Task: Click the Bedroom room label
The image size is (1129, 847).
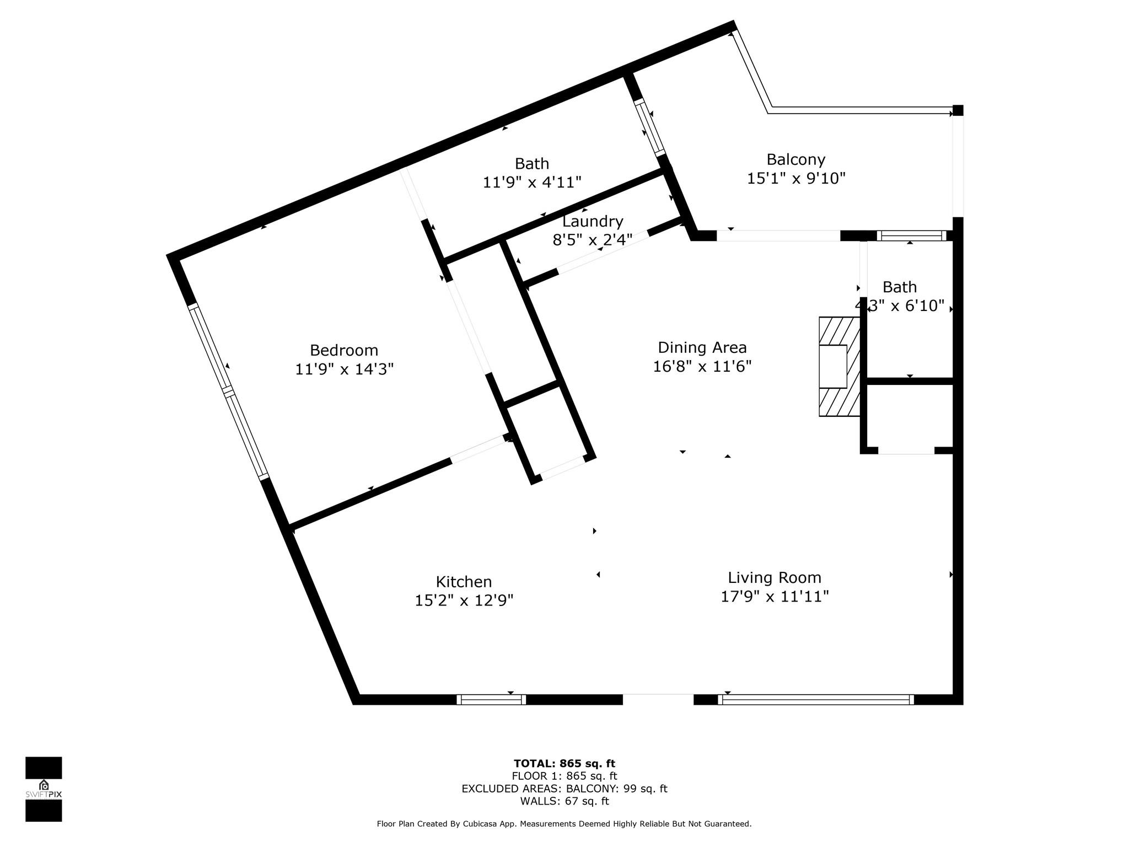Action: [x=344, y=350]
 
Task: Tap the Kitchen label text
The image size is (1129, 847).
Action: [x=464, y=582]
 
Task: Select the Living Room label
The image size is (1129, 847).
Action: [x=775, y=578]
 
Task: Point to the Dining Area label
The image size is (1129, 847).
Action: [x=702, y=348]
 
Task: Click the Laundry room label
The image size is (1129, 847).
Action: [x=593, y=222]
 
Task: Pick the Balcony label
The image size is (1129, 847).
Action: [x=796, y=160]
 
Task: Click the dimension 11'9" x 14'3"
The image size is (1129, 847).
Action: [x=345, y=369]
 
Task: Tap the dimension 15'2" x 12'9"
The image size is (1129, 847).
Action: [x=464, y=601]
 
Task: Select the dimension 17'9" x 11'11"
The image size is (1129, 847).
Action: [x=775, y=597]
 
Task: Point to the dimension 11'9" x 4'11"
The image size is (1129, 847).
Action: [x=533, y=182]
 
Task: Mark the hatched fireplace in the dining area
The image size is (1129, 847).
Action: [x=840, y=367]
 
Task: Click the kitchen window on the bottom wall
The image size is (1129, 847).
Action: [x=491, y=700]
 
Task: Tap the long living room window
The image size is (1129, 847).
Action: [x=816, y=700]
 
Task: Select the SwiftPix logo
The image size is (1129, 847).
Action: [x=44, y=789]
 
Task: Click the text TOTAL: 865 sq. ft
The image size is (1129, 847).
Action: [x=564, y=764]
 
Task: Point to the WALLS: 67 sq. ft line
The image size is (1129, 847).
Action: [x=564, y=801]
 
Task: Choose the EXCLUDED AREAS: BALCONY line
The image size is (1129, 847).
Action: [x=564, y=789]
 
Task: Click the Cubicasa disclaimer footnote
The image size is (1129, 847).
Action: [x=564, y=824]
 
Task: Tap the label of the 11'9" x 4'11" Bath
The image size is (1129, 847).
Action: [x=532, y=164]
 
